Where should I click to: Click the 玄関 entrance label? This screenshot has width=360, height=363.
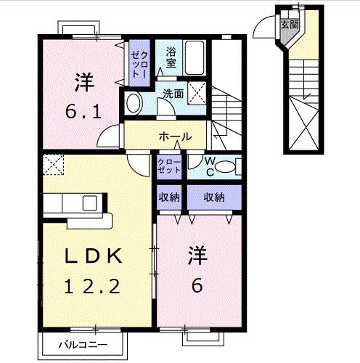pos(290,25)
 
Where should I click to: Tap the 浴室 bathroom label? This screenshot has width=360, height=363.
pos(171,57)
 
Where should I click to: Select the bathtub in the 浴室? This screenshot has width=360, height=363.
pos(195,57)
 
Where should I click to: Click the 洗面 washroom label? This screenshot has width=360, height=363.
pos(173,94)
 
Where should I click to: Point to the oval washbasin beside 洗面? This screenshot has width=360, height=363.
pos(134,103)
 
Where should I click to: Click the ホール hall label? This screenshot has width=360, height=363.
pos(175,137)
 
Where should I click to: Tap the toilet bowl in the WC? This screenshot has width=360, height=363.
pos(225,167)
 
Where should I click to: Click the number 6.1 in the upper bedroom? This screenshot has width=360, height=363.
pos(83,113)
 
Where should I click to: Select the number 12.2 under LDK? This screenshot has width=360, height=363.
pos(92,286)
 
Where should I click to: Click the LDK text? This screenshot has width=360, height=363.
pos(93,256)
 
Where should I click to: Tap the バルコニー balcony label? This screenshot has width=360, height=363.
pos(83,345)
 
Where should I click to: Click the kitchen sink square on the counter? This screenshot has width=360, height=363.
pos(90,203)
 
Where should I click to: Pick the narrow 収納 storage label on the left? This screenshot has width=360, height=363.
pos(169,197)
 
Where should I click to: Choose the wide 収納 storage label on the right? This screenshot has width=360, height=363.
pos(214,197)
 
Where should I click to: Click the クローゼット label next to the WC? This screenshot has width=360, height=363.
pos(169,166)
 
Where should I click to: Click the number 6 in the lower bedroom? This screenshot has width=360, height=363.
pos(197,285)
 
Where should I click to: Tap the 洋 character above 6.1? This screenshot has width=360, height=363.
pos(84,82)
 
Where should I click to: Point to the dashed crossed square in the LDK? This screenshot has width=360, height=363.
pos(53,164)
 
